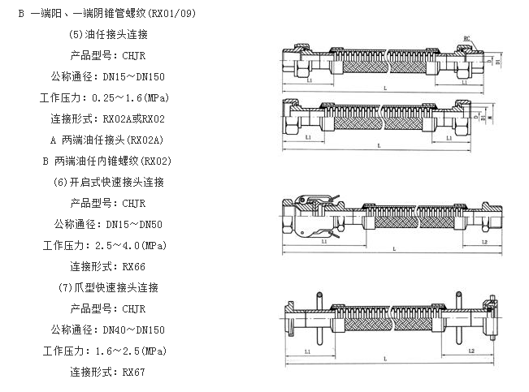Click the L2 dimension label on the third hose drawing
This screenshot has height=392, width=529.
483,241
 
